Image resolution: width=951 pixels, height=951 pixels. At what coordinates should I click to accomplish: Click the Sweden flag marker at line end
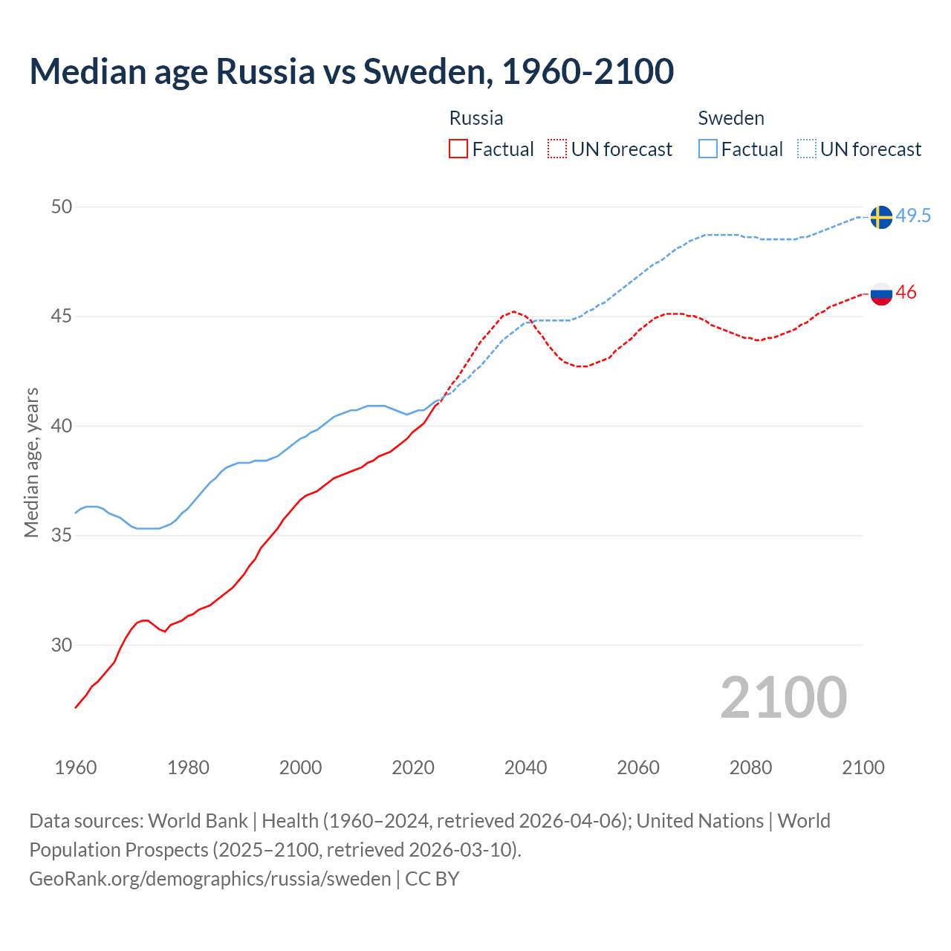point(880,217)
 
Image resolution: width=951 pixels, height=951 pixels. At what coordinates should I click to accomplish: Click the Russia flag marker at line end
point(880,293)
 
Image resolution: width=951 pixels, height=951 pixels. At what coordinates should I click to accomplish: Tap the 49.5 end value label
point(913,216)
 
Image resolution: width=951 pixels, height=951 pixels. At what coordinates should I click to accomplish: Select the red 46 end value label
point(906,293)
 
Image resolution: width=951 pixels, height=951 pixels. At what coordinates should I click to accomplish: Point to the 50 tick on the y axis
point(62,207)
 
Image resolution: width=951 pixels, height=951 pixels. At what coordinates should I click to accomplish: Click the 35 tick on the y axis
point(62,536)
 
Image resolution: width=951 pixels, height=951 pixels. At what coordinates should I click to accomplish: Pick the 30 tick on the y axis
point(62,645)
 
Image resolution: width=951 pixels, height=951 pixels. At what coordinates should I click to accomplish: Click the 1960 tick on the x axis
point(76,767)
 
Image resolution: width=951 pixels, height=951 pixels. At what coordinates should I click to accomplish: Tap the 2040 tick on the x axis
point(525,767)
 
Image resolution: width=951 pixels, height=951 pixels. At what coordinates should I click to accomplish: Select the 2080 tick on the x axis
point(750,767)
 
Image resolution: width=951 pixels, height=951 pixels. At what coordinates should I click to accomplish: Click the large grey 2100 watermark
point(783,697)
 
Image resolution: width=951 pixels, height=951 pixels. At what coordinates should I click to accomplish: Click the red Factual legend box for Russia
point(458,149)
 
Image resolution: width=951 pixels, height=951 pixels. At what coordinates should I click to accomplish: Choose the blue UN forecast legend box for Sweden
point(807,149)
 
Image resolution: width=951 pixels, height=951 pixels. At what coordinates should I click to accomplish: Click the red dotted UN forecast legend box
point(557,149)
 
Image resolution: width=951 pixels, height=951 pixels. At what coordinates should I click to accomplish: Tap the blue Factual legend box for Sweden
point(708,149)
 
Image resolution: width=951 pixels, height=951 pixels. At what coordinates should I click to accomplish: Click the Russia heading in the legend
point(476,118)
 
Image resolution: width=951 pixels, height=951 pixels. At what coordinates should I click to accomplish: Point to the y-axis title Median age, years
point(31,462)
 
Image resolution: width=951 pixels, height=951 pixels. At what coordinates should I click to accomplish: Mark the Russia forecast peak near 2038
point(513,312)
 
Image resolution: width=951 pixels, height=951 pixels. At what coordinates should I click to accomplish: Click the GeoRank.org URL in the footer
point(210,879)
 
